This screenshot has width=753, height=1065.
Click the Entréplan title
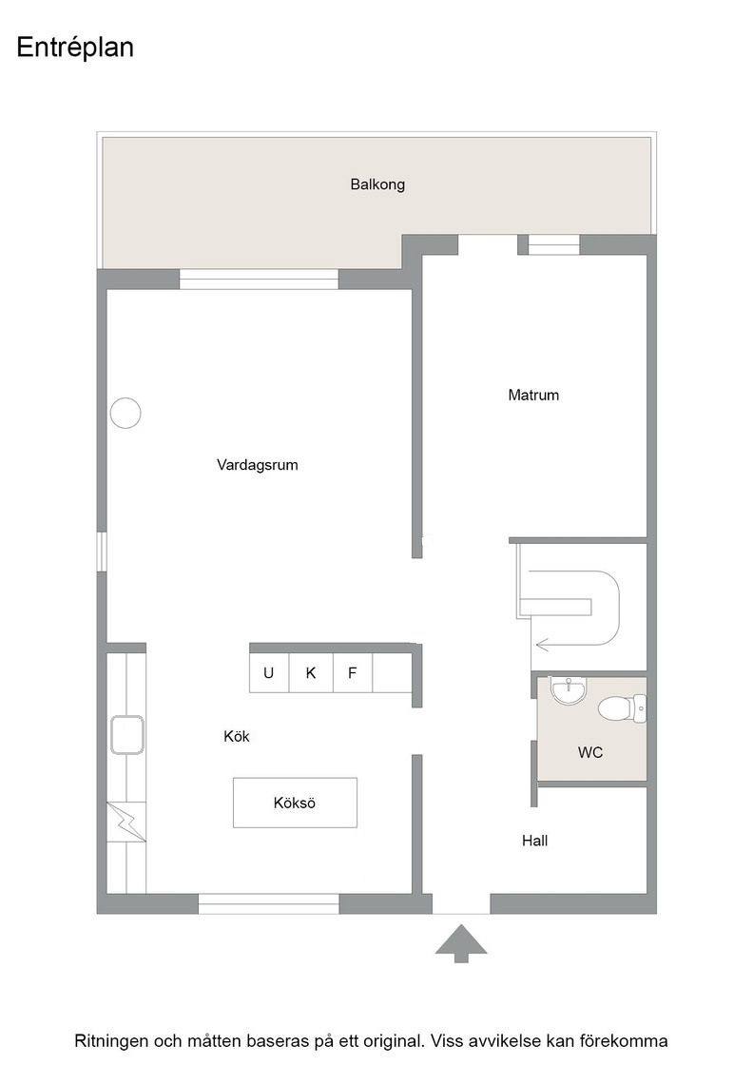(x=75, y=48)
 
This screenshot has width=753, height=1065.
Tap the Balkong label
(x=377, y=184)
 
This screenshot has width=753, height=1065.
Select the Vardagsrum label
(x=258, y=465)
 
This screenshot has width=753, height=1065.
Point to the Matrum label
(x=533, y=395)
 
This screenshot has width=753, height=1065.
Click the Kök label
(x=237, y=736)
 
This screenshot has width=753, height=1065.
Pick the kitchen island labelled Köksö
(x=295, y=803)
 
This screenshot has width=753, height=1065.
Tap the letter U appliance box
(x=269, y=673)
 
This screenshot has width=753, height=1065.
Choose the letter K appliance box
(x=311, y=673)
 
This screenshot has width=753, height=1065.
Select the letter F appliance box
(x=353, y=673)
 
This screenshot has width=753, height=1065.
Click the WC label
(x=590, y=752)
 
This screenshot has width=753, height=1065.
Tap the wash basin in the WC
(x=568, y=690)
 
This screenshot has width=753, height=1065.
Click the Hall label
(x=534, y=841)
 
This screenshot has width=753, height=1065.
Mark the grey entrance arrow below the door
(x=461, y=942)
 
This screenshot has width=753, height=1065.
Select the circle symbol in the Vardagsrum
(x=125, y=413)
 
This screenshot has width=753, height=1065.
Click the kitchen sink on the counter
(x=127, y=735)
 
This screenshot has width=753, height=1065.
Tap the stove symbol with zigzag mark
(x=126, y=822)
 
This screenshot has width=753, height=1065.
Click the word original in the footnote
(x=392, y=1040)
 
